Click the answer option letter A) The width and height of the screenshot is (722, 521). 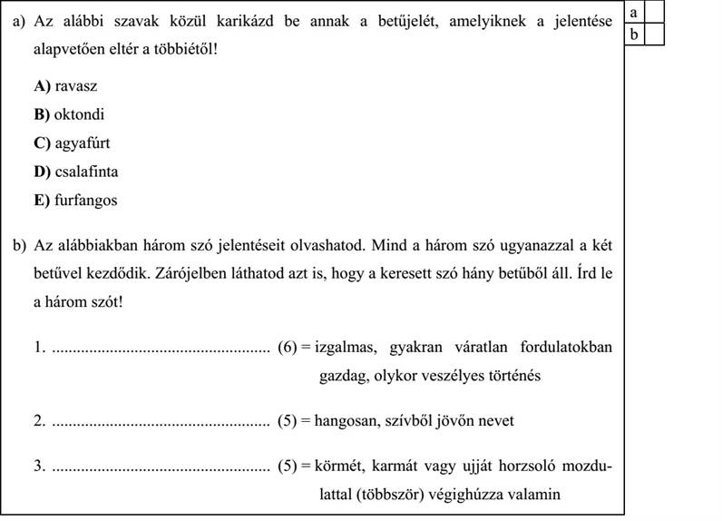coord(42,86)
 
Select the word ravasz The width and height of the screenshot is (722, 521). coord(76,86)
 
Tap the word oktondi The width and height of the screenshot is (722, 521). coord(80,115)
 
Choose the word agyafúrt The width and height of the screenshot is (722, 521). coord(83,143)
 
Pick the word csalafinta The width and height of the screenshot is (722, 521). coord(87,172)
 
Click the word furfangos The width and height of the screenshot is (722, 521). coord(85,200)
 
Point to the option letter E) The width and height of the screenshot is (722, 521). coord(41,200)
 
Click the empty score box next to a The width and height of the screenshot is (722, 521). coord(655,12)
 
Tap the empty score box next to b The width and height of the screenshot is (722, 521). coord(655,34)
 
